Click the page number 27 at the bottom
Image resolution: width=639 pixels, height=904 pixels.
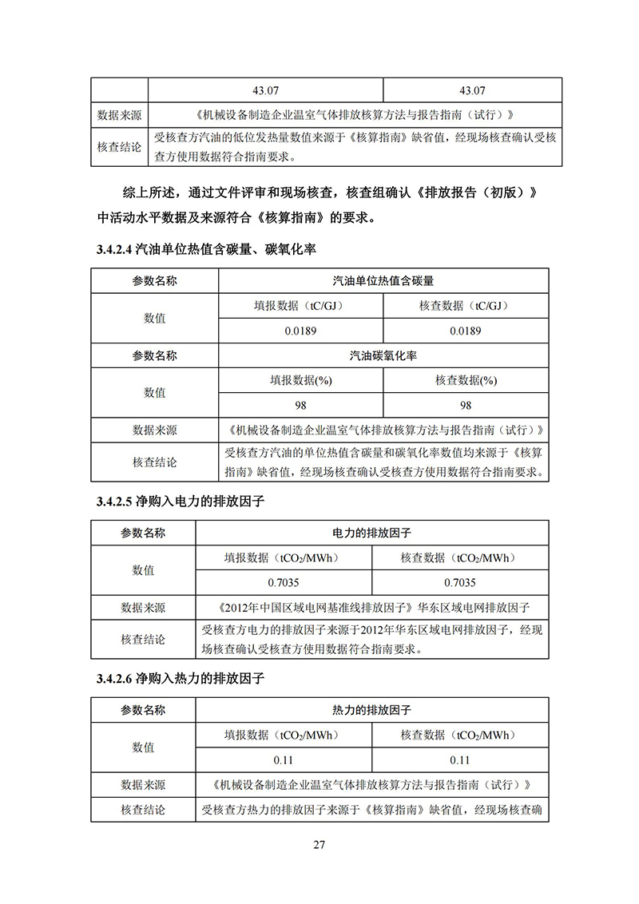coord(319,845)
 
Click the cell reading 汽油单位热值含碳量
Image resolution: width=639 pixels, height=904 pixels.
coord(383,281)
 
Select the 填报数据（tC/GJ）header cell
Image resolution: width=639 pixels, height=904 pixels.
coord(300,306)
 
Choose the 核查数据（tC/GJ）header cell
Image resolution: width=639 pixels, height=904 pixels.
coord(466,306)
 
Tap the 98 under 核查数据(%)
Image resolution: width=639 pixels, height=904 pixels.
coord(466,406)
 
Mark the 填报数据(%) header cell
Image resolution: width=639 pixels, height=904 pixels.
coord(300,381)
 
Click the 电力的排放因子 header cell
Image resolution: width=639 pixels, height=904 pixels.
coord(371,532)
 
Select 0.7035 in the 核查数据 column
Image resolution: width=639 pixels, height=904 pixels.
coord(460,582)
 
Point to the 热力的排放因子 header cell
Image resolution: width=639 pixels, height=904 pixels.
coord(371,709)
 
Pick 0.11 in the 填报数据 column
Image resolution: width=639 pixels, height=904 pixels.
coord(283,759)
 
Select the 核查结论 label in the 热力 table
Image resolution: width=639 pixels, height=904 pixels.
coord(143,810)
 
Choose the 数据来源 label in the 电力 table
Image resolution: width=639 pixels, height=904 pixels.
coord(143,608)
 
